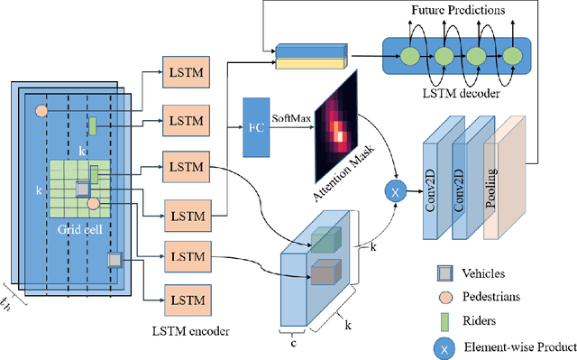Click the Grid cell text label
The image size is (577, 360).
click(x=78, y=228)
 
